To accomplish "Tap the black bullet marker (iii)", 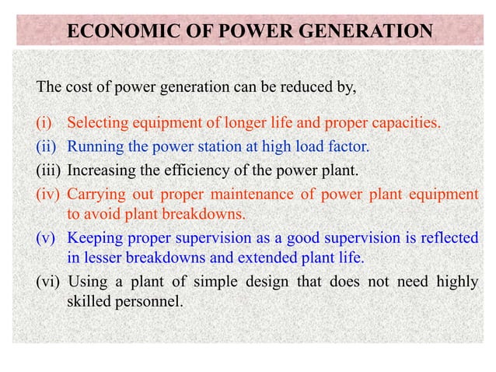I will click(x=49, y=169).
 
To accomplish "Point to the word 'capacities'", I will click(x=407, y=123).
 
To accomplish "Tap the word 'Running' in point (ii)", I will click(x=93, y=146).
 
